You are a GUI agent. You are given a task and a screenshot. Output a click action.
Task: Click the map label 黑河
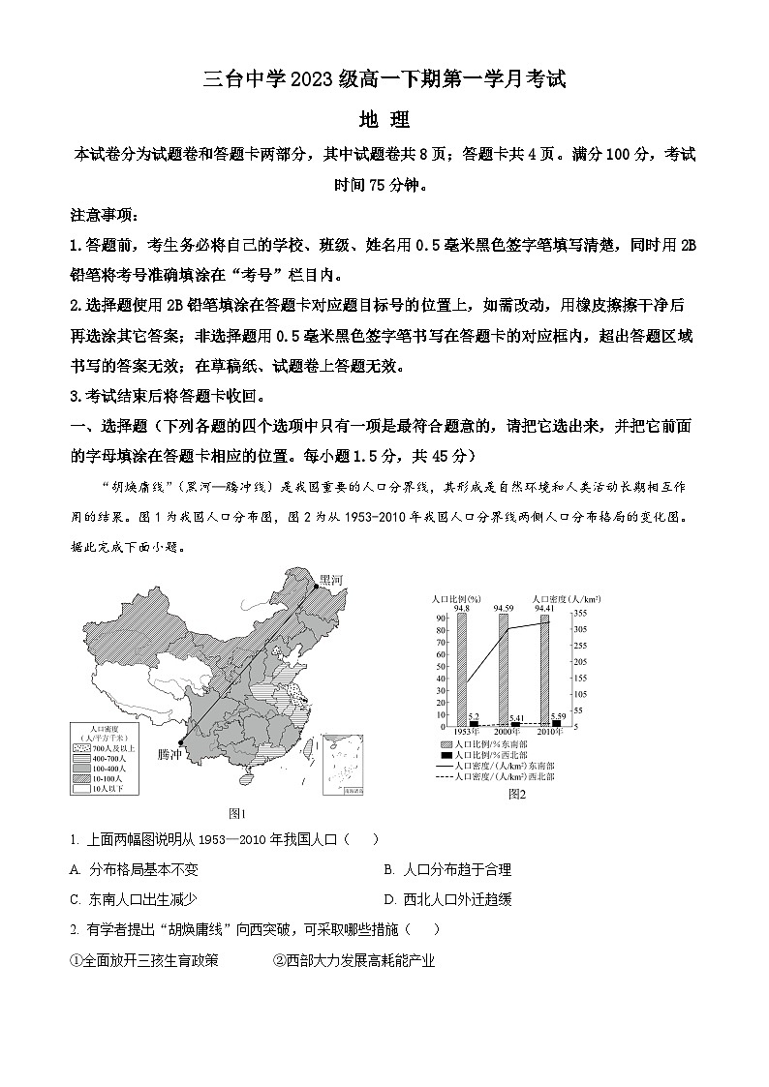[x=332, y=580]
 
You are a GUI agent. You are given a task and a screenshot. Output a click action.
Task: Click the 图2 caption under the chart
[x=516, y=795]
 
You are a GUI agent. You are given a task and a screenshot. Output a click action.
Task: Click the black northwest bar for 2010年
[x=556, y=722]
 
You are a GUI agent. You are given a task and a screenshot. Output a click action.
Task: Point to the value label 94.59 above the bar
[x=503, y=608]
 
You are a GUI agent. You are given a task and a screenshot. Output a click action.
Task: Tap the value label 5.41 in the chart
[x=516, y=717]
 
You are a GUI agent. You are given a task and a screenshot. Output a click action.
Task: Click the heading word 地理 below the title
[x=384, y=120]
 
